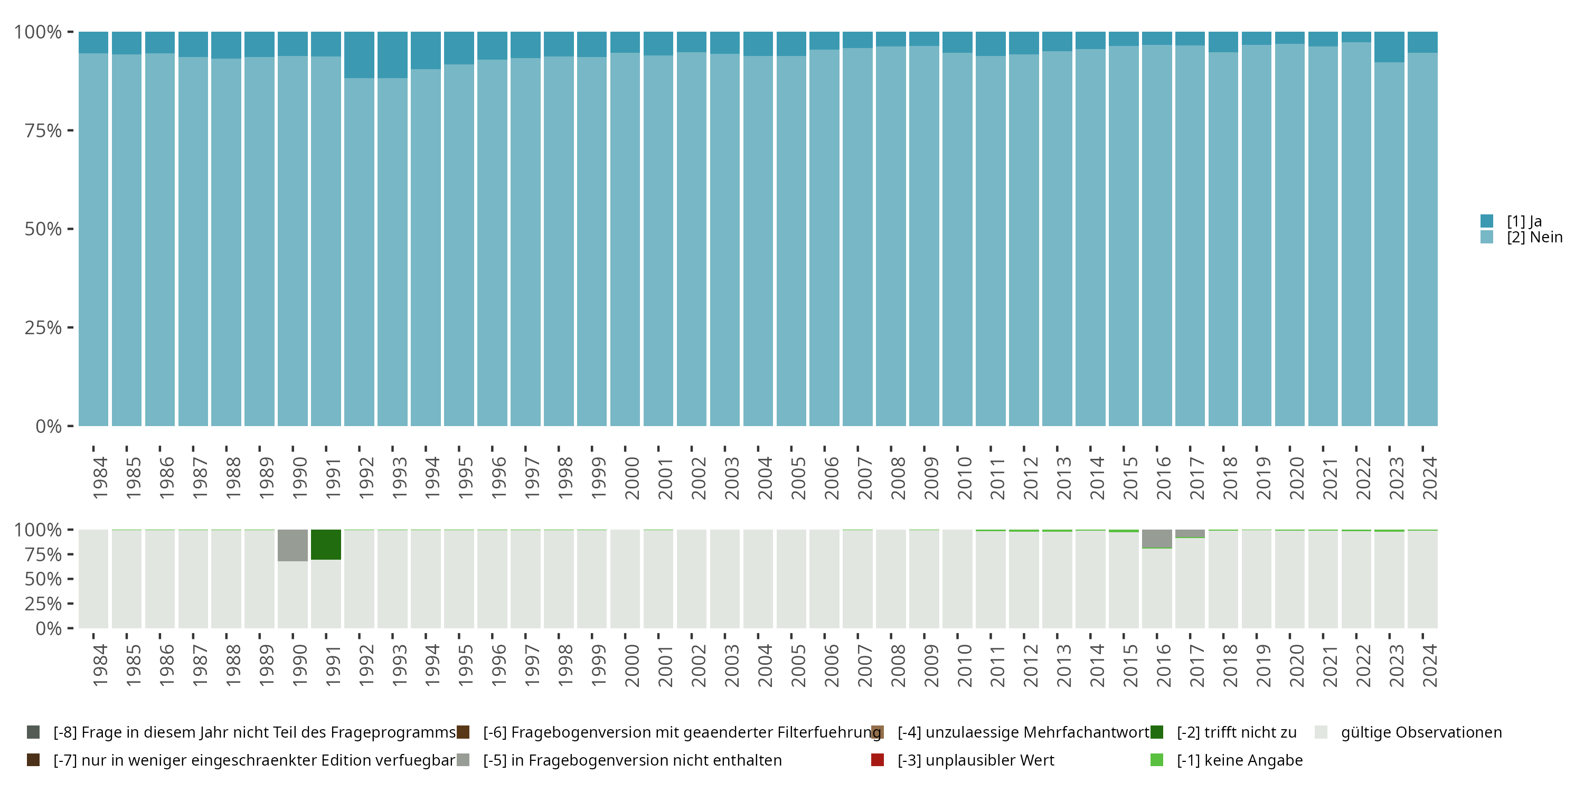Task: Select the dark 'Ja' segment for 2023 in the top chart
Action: point(1389,47)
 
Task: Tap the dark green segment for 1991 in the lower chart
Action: point(326,544)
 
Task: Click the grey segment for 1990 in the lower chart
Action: point(293,545)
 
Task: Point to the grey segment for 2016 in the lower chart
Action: point(1157,538)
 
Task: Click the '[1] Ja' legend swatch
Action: point(1487,221)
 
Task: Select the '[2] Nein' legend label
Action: point(1534,238)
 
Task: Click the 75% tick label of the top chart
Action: point(43,130)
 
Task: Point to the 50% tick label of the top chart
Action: point(43,229)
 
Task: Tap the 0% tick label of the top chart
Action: point(48,426)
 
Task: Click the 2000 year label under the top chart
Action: point(631,478)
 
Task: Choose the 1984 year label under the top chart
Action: point(100,478)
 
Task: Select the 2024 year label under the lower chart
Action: point(1430,665)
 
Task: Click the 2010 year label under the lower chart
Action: point(964,665)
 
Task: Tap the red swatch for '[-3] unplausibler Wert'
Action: point(878,760)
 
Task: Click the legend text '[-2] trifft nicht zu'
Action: point(1236,732)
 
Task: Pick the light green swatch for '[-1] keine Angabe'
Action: point(1157,760)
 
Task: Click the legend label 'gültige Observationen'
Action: point(1421,732)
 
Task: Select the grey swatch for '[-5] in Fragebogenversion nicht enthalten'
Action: point(463,760)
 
